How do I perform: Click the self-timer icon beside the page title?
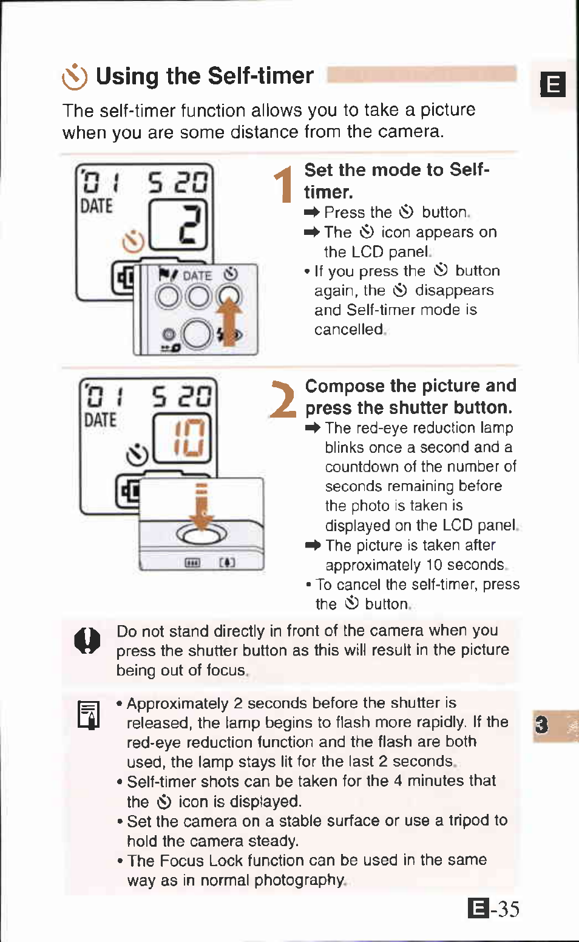[x=75, y=77]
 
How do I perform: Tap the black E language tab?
[x=553, y=84]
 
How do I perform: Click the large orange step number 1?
[x=283, y=185]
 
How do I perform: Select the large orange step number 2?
[x=283, y=399]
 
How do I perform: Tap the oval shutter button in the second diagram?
[x=201, y=534]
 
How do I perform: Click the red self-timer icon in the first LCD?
[x=133, y=242]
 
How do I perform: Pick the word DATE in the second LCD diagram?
[x=100, y=420]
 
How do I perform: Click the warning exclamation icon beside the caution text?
[x=87, y=640]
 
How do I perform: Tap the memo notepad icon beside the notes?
[x=89, y=714]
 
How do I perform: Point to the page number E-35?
[x=494, y=909]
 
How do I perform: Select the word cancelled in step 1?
[x=349, y=330]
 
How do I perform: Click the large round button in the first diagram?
[x=196, y=334]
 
